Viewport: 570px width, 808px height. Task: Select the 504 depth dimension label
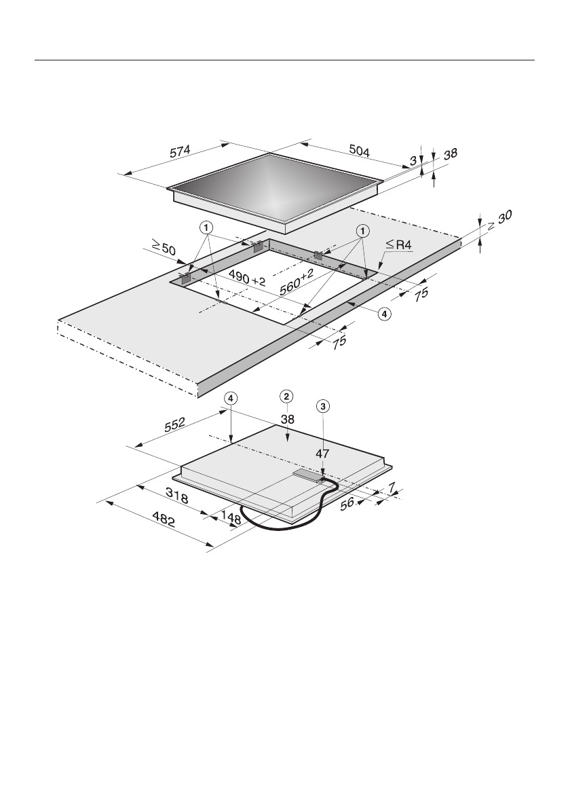[360, 151]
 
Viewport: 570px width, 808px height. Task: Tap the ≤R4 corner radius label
[399, 245]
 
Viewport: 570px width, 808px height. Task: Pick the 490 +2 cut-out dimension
[247, 277]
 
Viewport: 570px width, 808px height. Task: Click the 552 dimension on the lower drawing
[174, 424]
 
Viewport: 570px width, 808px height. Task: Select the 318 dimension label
[176, 496]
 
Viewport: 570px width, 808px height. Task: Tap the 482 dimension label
[164, 519]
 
